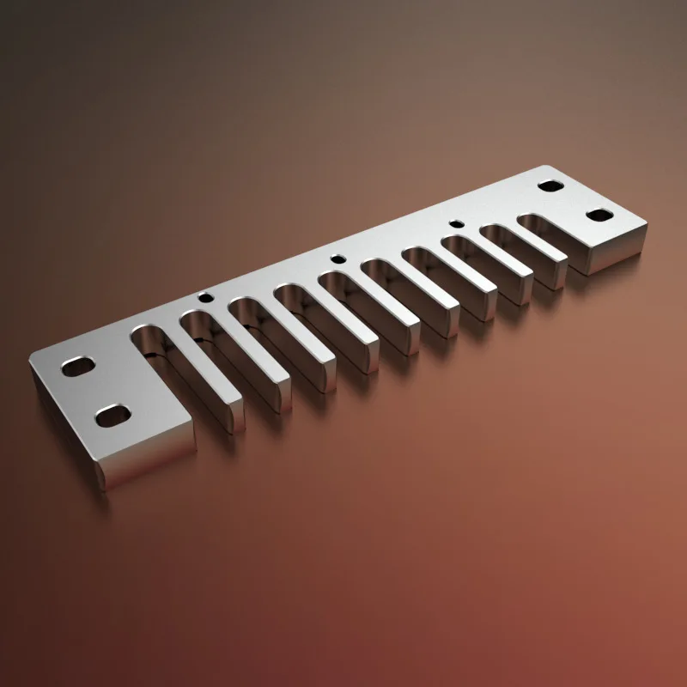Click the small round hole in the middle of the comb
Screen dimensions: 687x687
point(338,257)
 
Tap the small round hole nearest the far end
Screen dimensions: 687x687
point(457,224)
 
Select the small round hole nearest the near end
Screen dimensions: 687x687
point(205,298)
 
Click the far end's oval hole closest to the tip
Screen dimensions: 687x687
point(598,215)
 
